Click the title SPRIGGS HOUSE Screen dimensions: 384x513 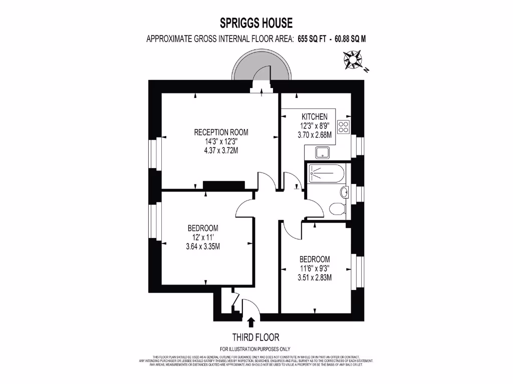point(256,23)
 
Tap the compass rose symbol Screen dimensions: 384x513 point(353,60)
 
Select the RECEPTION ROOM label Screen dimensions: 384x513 point(221,132)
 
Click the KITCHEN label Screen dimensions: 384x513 point(315,116)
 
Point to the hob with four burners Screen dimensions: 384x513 point(344,127)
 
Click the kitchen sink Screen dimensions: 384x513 point(321,152)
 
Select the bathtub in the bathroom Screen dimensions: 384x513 point(326,174)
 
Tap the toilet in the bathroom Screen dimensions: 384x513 point(337,208)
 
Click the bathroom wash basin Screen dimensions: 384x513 point(345,192)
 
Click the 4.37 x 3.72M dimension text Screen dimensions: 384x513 point(221,150)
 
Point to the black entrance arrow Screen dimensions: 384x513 point(250,322)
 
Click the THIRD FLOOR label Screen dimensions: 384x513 point(255,337)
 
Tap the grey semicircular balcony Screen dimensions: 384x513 point(261,72)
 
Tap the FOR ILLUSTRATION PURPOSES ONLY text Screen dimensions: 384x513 point(255,349)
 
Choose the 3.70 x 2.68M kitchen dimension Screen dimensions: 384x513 point(315,134)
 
